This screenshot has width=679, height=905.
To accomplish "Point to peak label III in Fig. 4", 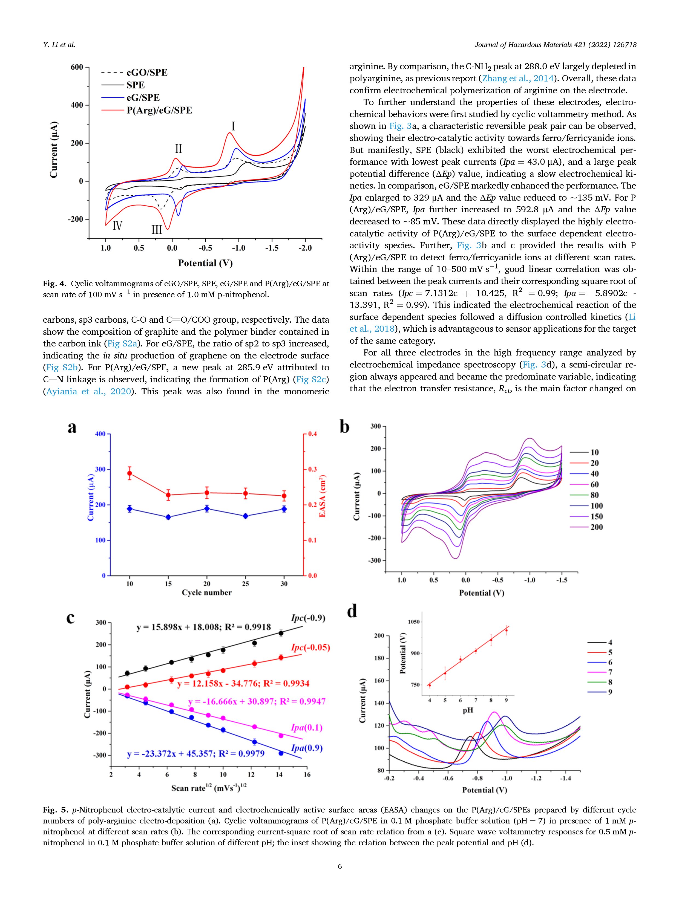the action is [157, 230].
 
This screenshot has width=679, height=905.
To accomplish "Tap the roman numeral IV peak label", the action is [117, 225].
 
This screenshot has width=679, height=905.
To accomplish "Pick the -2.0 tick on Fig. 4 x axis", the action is [305, 248].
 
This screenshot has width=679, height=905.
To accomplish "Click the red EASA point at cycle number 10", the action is [129, 473].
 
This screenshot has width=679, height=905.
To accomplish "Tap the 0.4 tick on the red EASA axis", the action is [312, 434].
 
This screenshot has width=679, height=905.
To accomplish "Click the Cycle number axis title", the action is [207, 593].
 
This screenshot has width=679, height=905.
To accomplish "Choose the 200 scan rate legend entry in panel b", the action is [586, 527].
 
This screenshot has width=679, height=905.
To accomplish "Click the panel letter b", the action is [345, 427].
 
